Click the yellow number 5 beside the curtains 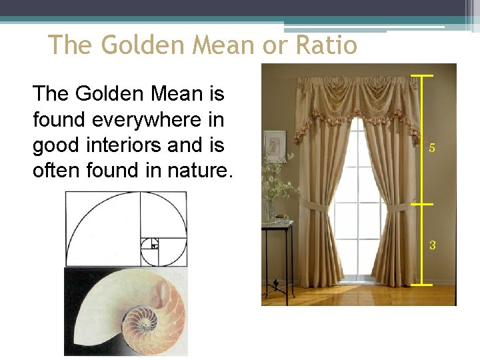coord(432,148)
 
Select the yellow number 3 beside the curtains coord(432,245)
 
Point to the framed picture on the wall coord(274,145)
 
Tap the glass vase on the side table coord(270,211)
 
